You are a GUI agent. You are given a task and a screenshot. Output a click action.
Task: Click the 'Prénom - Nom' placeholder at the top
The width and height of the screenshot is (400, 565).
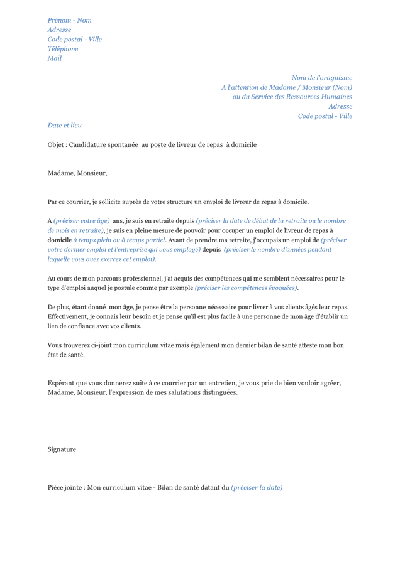[69, 20]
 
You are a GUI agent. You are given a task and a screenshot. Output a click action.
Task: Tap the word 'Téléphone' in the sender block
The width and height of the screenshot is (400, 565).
[63, 49]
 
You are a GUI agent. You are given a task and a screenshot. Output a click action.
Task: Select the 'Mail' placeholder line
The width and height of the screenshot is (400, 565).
[55, 58]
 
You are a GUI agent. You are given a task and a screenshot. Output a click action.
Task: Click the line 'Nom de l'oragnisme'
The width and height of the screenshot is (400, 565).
[321, 78]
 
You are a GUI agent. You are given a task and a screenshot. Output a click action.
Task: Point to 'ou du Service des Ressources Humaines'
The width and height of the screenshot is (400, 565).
[292, 97]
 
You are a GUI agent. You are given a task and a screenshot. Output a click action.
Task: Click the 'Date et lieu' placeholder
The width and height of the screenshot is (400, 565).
[64, 126]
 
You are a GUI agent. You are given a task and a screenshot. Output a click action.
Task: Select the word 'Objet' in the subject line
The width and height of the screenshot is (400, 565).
[56, 145]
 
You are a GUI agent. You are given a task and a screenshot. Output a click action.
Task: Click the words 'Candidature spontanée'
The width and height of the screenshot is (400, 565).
[103, 145]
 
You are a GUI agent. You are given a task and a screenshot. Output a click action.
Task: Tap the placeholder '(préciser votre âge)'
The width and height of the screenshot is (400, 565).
[82, 221]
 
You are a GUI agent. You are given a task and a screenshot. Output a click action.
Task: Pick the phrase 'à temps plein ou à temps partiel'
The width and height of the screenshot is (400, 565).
[119, 240]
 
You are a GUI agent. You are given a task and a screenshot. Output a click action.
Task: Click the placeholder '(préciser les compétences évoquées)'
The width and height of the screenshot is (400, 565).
[246, 288]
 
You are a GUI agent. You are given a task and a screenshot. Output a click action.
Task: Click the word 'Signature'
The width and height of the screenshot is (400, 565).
[62, 449]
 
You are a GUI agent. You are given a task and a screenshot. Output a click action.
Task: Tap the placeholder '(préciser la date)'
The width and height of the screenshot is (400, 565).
[257, 487]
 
